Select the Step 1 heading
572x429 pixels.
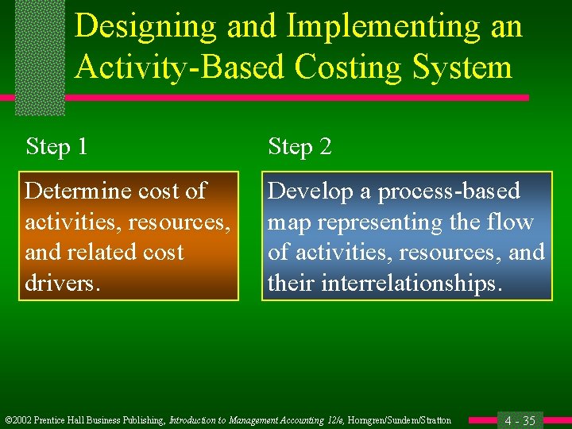pyautogui.click(x=56, y=147)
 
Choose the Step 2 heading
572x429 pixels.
pyautogui.click(x=300, y=147)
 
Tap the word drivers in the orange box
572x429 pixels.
pyautogui.click(x=62, y=284)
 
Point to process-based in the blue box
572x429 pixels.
pyautogui.click(x=449, y=191)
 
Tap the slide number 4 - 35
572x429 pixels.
pyautogui.click(x=520, y=420)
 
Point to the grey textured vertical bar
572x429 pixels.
pyautogui.click(x=39, y=56)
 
